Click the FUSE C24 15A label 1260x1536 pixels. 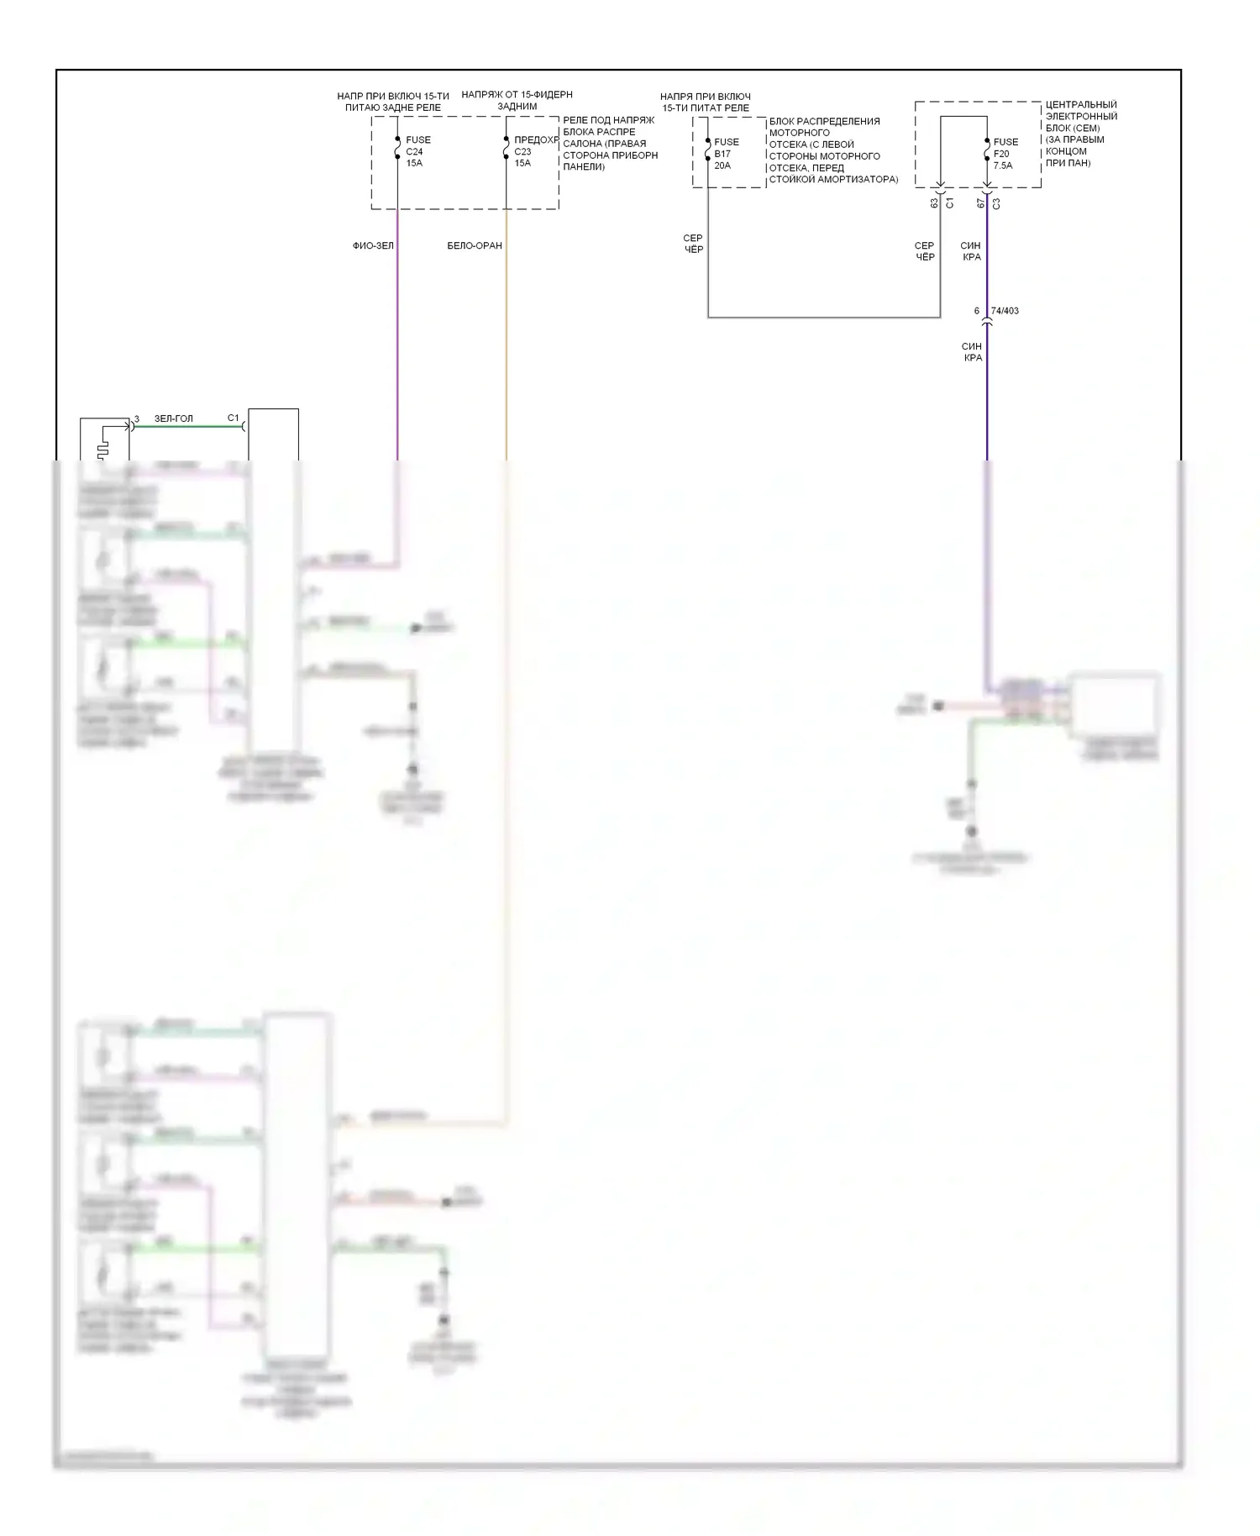417,151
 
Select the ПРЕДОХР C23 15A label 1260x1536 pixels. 535,151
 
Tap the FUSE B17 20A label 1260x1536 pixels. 726,154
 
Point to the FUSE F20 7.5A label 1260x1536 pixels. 1005,154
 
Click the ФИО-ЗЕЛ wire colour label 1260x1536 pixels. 373,246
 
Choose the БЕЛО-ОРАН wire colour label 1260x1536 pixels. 475,246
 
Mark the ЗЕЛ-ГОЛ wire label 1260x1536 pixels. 173,418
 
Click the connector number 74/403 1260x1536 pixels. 1005,311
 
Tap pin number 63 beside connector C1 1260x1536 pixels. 934,203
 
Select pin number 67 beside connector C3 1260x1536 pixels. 980,203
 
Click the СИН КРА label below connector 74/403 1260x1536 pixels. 972,352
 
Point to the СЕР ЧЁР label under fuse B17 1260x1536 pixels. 693,244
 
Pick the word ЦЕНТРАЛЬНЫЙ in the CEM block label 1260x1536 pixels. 1081,105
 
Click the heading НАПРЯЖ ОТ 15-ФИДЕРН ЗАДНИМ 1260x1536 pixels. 517,101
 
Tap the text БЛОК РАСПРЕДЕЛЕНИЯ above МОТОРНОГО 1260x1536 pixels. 824,121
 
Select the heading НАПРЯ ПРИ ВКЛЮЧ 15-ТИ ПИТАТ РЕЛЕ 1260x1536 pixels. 705,103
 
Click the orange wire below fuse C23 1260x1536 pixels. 506,336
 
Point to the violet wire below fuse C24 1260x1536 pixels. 397,336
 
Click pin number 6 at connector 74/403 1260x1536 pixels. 976,311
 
